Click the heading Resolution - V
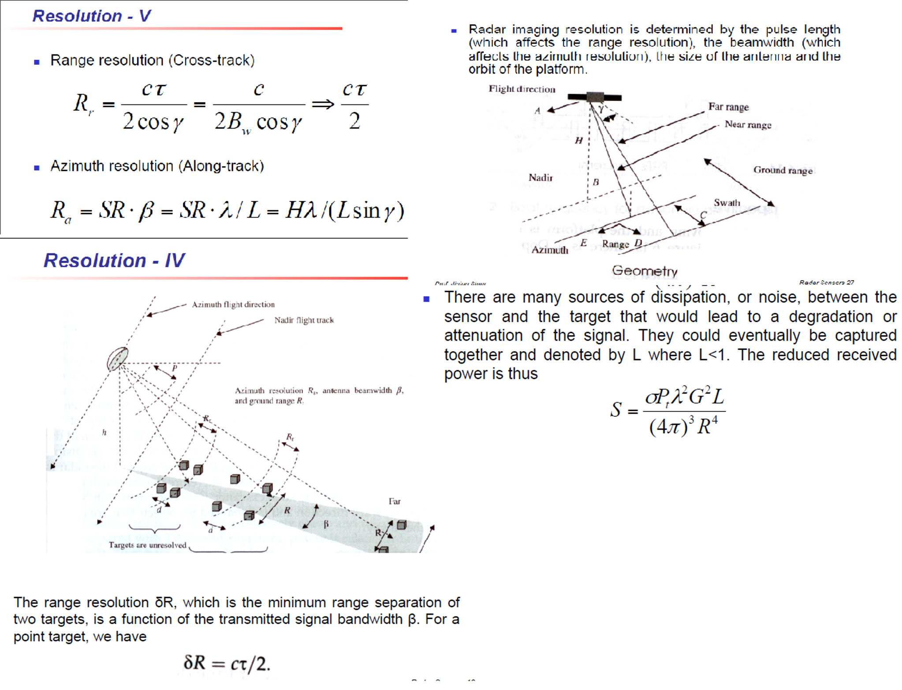tap(92, 16)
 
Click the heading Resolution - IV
tap(114, 260)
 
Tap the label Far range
tap(728, 107)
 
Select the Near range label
tap(748, 125)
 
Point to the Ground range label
tap(783, 170)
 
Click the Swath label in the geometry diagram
tap(727, 203)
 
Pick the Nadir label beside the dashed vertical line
tap(540, 178)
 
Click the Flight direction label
tap(522, 89)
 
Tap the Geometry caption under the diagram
tap(644, 271)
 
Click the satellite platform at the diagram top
tap(594, 97)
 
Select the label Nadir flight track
tap(304, 320)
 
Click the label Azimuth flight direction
tap(233, 304)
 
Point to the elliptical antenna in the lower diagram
tap(117, 359)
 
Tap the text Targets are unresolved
tap(148, 545)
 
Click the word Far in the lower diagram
tap(394, 501)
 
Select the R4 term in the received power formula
tap(707, 426)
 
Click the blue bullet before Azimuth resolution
tap(37, 167)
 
